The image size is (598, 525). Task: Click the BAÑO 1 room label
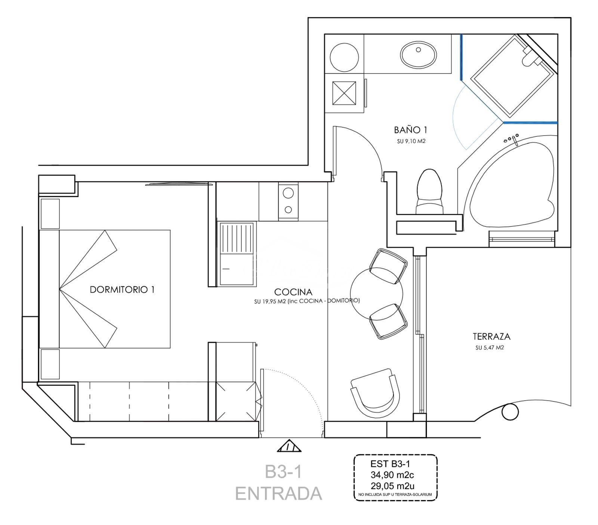point(410,130)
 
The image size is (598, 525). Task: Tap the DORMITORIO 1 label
point(122,290)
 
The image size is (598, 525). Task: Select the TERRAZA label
point(491,337)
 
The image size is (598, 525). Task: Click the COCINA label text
point(293,292)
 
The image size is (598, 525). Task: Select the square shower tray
point(512,76)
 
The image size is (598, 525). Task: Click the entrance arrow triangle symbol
point(289,446)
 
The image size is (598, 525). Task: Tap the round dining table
point(376,293)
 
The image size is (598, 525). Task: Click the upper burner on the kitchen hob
point(288,193)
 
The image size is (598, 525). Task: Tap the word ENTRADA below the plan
point(278,493)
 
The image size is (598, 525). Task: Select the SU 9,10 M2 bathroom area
point(411,141)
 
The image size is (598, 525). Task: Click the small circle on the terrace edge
point(510,412)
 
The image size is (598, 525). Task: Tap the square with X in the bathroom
point(344,93)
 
